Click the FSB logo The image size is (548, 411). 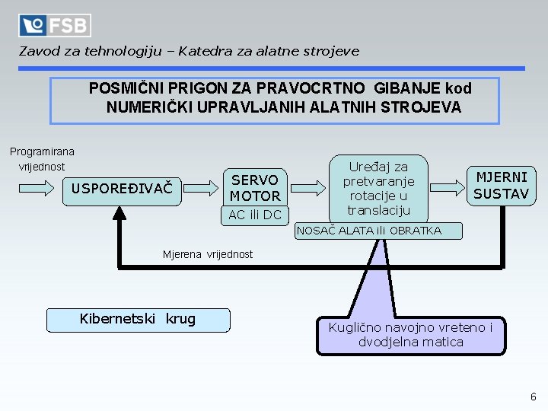click(55, 25)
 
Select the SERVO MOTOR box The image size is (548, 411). click(255, 187)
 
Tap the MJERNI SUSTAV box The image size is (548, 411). click(501, 186)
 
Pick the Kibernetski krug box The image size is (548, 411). click(138, 320)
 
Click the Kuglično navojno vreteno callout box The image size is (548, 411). click(410, 336)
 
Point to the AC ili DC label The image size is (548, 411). click(255, 215)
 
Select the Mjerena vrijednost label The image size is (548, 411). click(208, 254)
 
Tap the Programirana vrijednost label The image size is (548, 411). click(42, 159)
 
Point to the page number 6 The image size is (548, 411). click(533, 397)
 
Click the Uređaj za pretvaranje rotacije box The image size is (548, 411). click(378, 188)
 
